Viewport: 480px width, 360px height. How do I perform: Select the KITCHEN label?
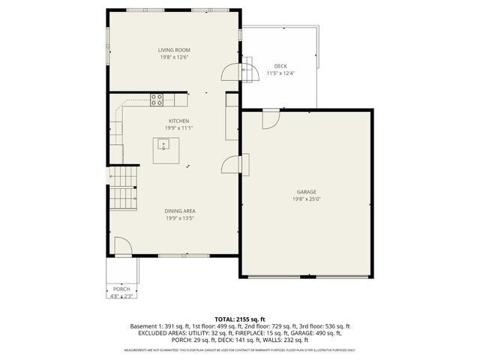178,121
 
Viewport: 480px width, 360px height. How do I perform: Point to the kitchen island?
166,151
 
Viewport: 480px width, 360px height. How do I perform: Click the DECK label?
280,66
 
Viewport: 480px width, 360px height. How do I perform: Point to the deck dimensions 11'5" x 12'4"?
280,73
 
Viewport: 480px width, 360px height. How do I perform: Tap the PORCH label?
121,289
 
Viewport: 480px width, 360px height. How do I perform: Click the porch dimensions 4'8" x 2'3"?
121,296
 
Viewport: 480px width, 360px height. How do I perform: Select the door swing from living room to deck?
230,71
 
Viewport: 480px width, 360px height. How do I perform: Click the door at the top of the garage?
271,118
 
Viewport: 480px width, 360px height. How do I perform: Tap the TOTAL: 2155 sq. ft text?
240,319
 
